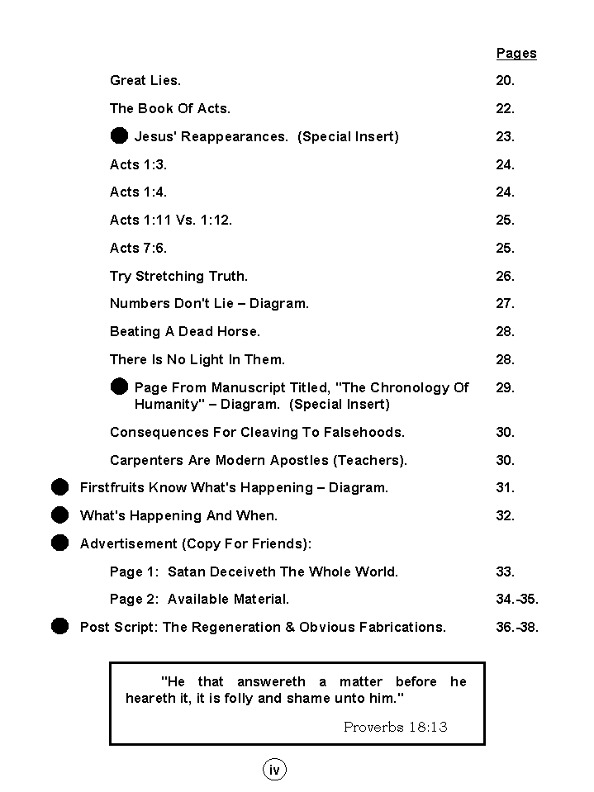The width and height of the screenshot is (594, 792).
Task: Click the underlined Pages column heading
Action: (x=516, y=54)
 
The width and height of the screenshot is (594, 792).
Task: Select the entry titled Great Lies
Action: (x=145, y=81)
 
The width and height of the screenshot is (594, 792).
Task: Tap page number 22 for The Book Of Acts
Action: (x=505, y=109)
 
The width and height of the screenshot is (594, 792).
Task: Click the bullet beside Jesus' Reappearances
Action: (x=120, y=135)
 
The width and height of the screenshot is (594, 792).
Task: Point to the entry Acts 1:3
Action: (x=138, y=165)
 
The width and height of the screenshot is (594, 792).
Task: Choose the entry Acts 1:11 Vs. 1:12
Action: (x=171, y=221)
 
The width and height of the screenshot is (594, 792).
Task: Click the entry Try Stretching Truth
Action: (x=178, y=277)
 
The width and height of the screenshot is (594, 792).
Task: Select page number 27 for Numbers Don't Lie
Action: (x=505, y=304)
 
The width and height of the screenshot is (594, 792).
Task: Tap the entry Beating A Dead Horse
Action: (x=185, y=332)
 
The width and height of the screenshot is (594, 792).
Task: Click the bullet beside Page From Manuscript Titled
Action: (x=120, y=387)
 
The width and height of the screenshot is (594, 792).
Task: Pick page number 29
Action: (x=505, y=387)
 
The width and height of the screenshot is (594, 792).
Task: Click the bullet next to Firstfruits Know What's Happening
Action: (x=59, y=487)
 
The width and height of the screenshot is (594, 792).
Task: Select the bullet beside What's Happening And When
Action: (x=59, y=515)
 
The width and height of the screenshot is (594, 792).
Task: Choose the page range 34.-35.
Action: (x=517, y=600)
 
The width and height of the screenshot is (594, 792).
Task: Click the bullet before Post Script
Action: (x=59, y=626)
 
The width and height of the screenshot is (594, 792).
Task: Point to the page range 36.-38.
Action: (x=517, y=628)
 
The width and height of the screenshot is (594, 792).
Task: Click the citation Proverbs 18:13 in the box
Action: (x=395, y=727)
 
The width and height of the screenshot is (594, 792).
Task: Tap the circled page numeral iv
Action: (x=274, y=770)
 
